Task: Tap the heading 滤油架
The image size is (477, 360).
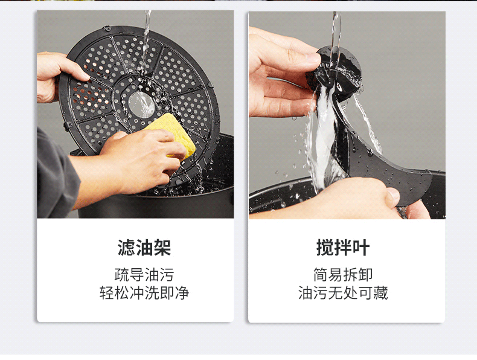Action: [144, 248]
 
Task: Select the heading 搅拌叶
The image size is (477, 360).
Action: [343, 248]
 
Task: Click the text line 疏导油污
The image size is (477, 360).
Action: [144, 275]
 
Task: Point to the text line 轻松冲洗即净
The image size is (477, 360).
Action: [144, 293]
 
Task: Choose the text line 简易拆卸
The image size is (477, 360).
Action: [343, 275]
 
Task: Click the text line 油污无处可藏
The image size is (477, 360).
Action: [343, 293]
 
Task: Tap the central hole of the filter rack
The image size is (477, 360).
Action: [141, 104]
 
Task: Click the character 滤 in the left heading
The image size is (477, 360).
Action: [126, 248]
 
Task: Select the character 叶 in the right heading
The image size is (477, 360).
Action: [361, 248]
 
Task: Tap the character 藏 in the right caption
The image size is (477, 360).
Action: [380, 293]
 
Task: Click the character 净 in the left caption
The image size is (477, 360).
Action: [182, 293]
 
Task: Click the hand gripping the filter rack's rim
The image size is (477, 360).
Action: [56, 76]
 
